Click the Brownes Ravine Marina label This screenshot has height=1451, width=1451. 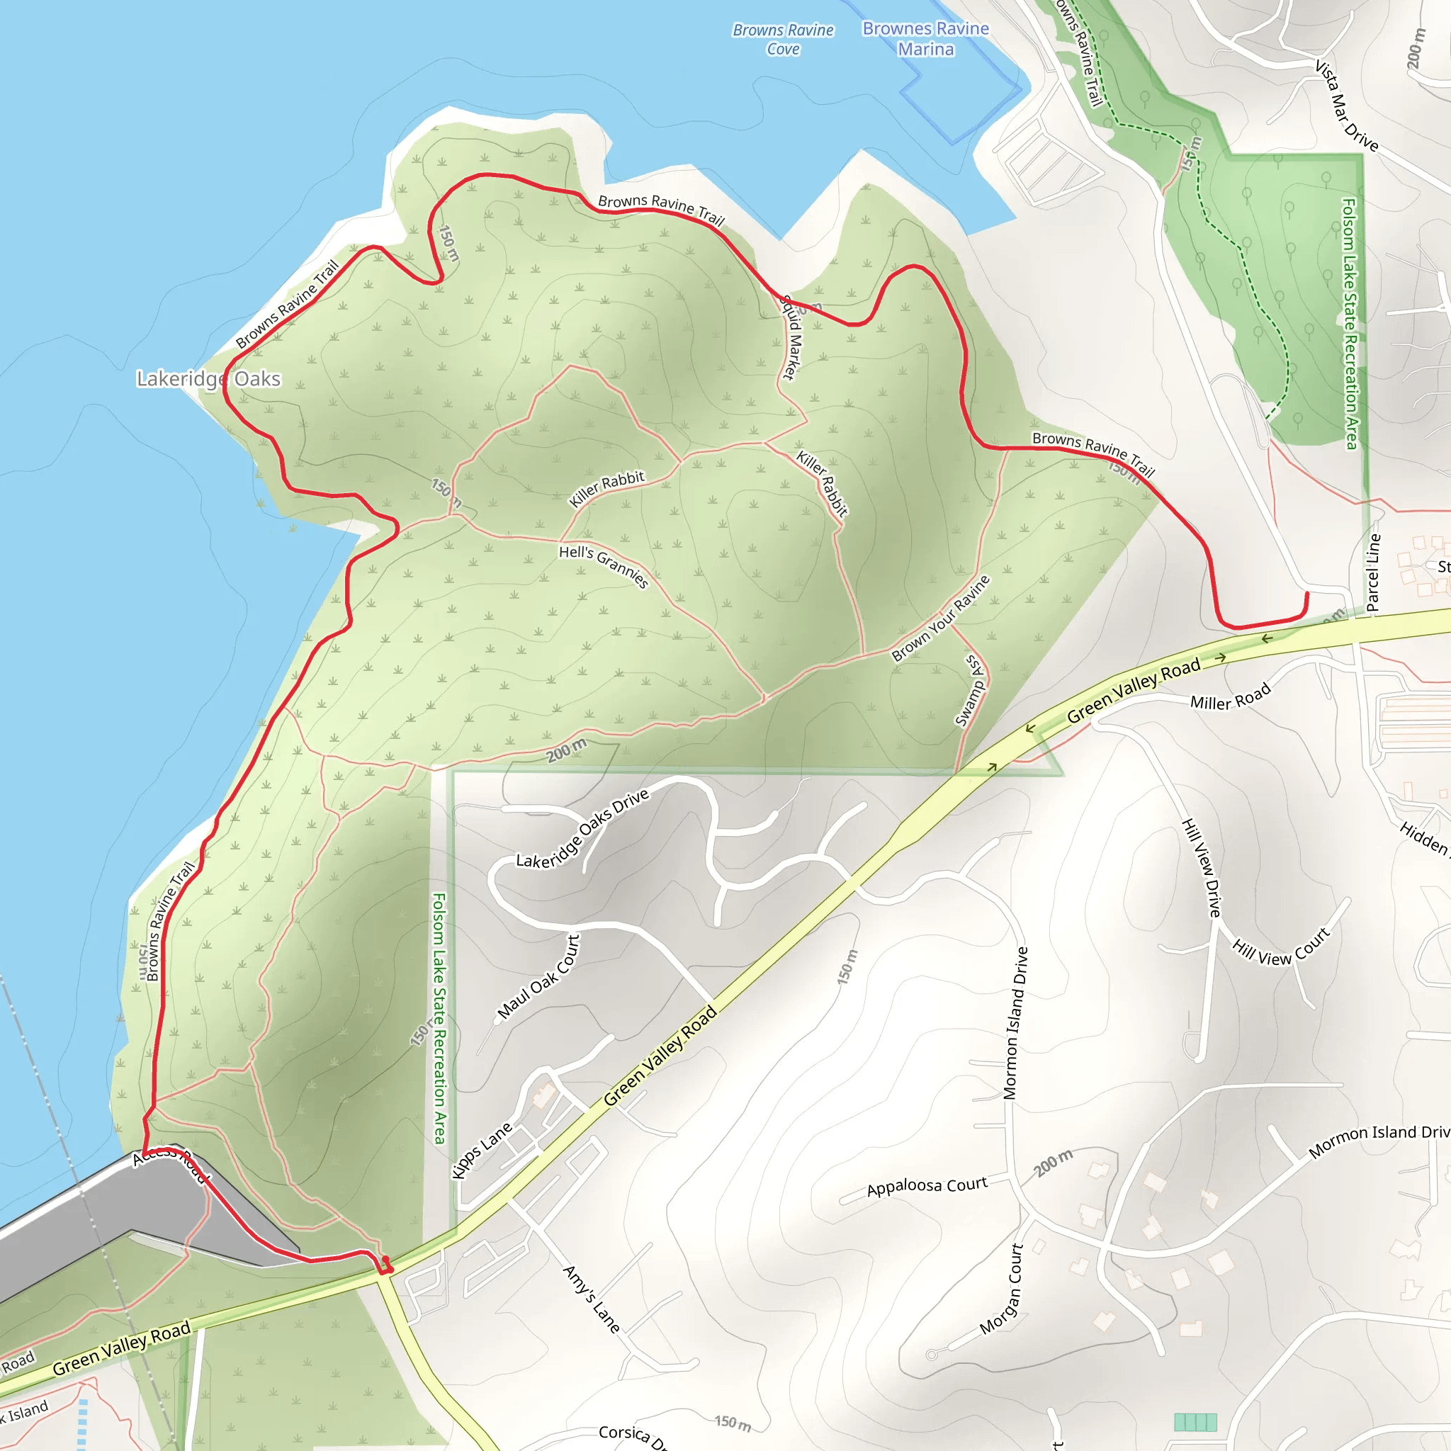[925, 39]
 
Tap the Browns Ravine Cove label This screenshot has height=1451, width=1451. [783, 40]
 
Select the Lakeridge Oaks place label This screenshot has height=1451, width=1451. [209, 378]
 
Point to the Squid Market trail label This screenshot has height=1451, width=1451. [791, 338]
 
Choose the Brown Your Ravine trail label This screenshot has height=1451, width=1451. [940, 618]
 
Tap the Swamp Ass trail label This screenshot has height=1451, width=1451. [971, 690]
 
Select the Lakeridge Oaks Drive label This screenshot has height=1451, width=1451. [582, 829]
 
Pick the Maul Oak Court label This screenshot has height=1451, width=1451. [538, 976]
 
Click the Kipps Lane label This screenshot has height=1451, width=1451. [481, 1151]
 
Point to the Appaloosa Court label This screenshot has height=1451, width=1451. [927, 1187]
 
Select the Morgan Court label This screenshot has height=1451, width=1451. [1002, 1289]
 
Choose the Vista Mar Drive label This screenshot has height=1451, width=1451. [1347, 106]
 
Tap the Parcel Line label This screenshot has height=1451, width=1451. [1373, 572]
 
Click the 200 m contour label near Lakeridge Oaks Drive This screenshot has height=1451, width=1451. [566, 750]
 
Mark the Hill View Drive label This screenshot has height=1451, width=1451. [1202, 867]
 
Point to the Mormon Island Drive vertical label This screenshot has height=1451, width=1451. [1015, 1023]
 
